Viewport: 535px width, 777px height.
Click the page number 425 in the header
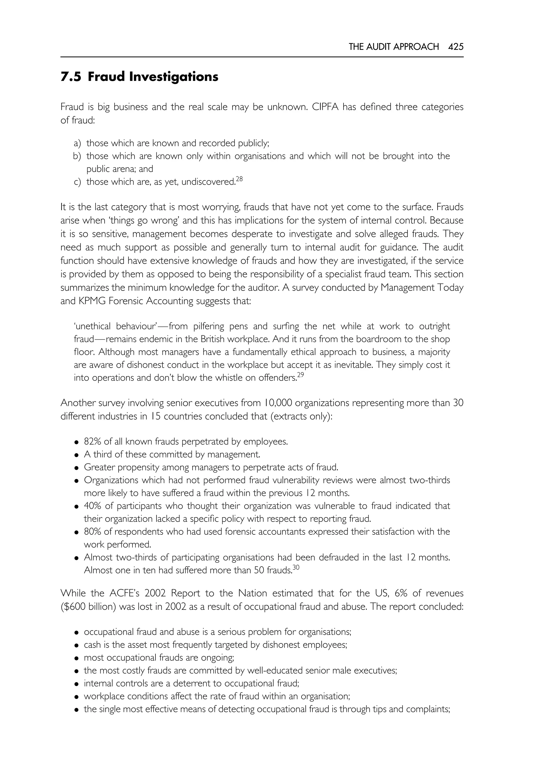pos(456,46)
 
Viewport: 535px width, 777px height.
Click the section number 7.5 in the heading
pos(71,77)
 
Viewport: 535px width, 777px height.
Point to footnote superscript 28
pos(239,179)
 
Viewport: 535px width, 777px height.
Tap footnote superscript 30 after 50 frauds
pos(296,567)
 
